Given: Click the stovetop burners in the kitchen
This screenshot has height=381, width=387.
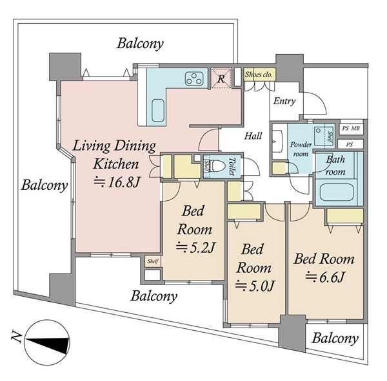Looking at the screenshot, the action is (x=195, y=79).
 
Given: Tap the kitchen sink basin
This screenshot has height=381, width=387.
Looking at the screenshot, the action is (x=158, y=111).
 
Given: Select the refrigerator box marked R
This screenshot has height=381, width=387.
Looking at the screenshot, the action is (x=221, y=79).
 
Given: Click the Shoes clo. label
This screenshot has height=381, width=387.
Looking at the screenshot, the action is (x=259, y=75).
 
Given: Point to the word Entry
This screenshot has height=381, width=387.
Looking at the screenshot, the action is (x=284, y=101).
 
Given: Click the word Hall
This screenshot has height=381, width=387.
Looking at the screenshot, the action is (x=253, y=136).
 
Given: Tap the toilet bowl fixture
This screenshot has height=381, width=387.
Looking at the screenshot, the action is (x=219, y=166).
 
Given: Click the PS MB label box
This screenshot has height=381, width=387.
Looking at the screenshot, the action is (x=351, y=128).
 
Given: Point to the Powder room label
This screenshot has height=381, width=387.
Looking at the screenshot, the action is (x=301, y=149).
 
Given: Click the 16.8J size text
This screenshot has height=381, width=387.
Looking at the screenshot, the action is (x=117, y=182).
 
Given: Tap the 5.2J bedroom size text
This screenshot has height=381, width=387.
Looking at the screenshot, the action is (x=195, y=248).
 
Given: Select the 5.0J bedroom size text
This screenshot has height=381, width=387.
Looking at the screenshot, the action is (x=255, y=286).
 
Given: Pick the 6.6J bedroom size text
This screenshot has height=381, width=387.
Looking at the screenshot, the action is (x=324, y=277).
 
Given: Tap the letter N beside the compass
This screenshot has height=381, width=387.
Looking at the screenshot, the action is (x=16, y=337).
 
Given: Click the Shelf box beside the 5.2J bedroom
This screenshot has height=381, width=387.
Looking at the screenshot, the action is (x=153, y=261).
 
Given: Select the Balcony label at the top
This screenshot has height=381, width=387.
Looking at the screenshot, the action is (x=140, y=44).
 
